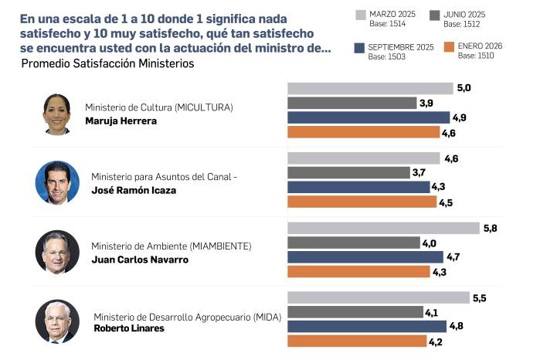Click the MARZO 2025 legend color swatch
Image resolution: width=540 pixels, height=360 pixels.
pyautogui.click(x=360, y=15)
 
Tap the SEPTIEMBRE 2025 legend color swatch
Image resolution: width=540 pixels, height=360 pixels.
pyautogui.click(x=360, y=48)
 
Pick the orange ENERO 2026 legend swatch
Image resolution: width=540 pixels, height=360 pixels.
pyautogui.click(x=448, y=48)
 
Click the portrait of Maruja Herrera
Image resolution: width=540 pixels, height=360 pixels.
pyautogui.click(x=57, y=114)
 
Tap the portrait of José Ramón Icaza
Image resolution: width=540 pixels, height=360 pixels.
pyautogui.click(x=57, y=182)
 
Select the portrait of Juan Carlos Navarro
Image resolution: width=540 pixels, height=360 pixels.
pyautogui.click(x=57, y=251)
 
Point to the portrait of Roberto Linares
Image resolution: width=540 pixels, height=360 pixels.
pyautogui.click(x=57, y=321)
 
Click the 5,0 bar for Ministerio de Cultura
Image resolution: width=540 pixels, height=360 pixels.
pyautogui.click(x=370, y=88)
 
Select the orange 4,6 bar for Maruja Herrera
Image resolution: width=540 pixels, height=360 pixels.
pyautogui.click(x=363, y=132)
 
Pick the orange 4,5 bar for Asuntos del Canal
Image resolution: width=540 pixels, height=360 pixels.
pyautogui.click(x=362, y=202)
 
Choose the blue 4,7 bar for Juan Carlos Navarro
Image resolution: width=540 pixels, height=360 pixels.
pyautogui.click(x=365, y=256)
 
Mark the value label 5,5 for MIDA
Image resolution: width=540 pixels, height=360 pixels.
pyautogui.click(x=481, y=297)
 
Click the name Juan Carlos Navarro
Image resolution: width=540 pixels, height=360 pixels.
pyautogui.click(x=140, y=260)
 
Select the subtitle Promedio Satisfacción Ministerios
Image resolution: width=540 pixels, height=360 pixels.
pyautogui.click(x=107, y=63)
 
